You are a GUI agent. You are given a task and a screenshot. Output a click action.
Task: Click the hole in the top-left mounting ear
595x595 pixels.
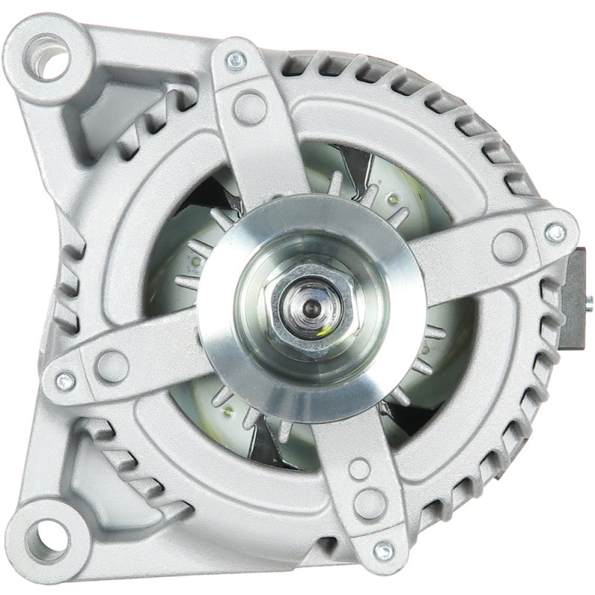[x=51, y=57]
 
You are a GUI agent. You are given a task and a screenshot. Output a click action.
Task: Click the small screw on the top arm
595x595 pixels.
[x=236, y=62]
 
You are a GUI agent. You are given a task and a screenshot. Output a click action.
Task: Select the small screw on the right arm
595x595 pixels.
[x=555, y=233]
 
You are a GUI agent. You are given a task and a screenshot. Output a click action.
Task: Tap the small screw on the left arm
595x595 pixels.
[x=65, y=380]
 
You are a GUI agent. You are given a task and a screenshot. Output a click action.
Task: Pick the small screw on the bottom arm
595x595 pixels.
[x=384, y=551]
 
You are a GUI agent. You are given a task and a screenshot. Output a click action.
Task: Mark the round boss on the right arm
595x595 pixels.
[x=509, y=246]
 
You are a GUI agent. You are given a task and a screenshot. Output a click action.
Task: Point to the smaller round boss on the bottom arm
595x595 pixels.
[x=360, y=469]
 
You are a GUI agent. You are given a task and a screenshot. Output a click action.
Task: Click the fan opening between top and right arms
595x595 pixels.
[x=387, y=186]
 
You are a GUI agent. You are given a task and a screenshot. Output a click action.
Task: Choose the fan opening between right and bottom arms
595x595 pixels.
[x=431, y=372]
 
